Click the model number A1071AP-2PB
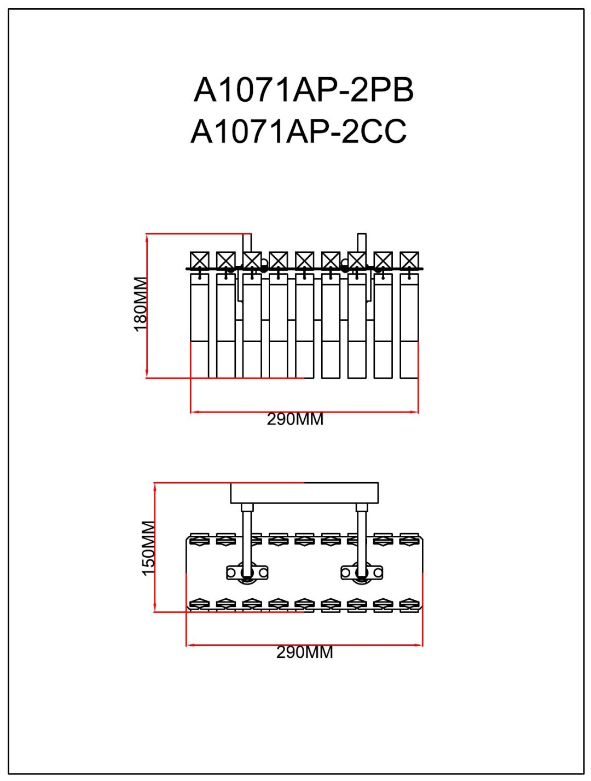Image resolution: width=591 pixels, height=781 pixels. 303,90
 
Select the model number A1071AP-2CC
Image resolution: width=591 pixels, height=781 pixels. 298,131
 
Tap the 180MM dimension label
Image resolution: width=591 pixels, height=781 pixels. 140,304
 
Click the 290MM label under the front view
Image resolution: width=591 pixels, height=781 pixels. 295,419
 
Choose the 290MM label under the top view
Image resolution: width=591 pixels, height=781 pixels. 305,652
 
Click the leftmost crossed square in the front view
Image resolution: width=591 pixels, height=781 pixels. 199,260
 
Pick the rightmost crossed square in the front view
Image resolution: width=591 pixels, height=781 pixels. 409,260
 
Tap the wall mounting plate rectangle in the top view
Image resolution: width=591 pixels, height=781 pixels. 304,493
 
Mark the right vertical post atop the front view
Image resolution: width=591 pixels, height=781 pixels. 362,242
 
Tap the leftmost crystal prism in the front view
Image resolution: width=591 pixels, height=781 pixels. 199,326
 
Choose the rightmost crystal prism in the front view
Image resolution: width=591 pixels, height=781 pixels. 409,326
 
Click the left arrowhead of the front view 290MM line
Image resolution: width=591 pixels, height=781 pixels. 194,412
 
